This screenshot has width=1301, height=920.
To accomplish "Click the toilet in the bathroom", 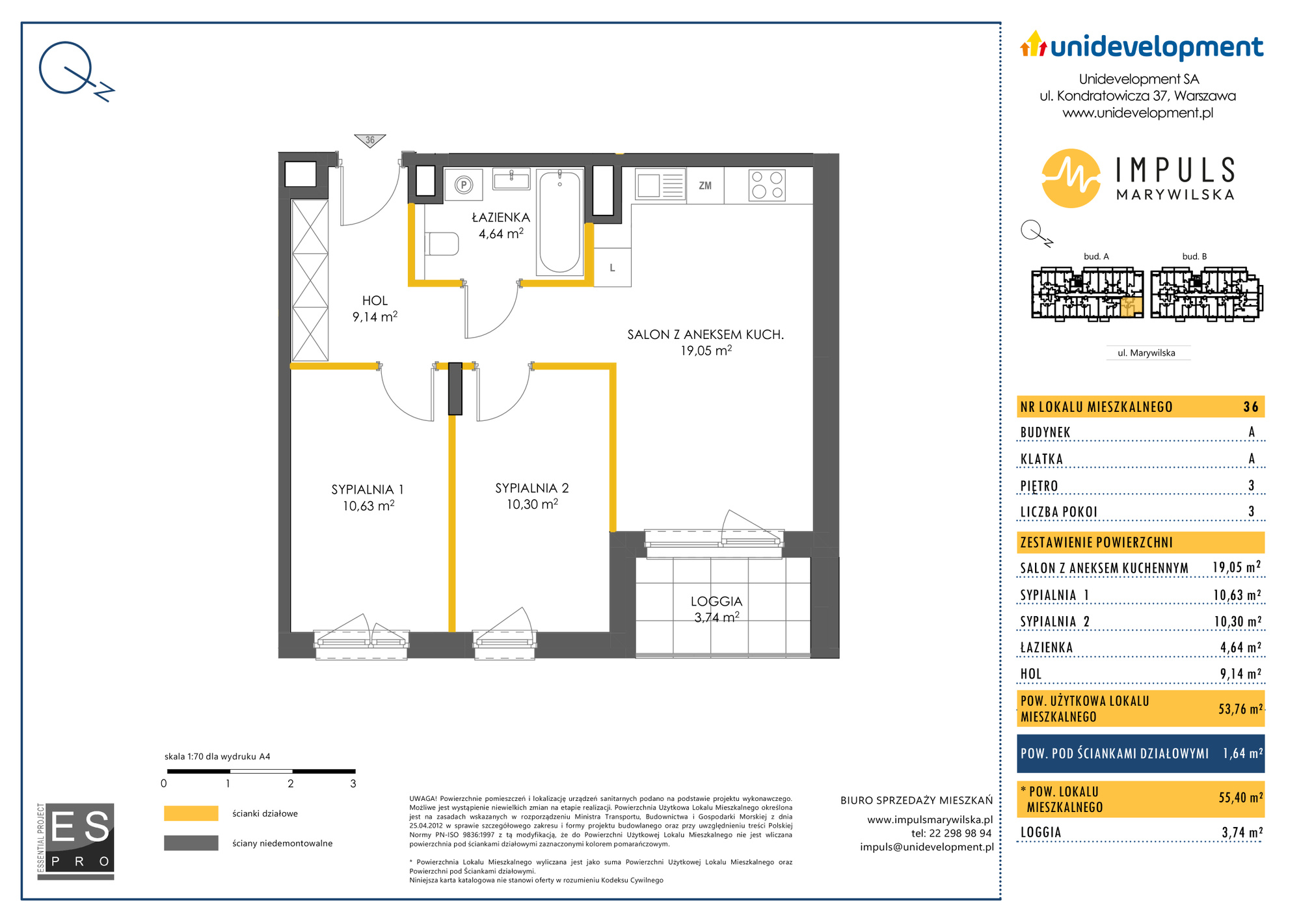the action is tap(442, 244).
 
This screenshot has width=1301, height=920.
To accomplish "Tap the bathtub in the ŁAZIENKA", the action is tap(559, 221).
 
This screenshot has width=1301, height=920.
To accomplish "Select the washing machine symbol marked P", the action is tap(464, 185).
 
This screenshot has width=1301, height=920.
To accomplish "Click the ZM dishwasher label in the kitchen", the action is tap(705, 185).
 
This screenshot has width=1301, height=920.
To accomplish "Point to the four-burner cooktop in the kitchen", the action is tap(767, 185).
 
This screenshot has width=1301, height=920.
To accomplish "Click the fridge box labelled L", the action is tap(612, 267).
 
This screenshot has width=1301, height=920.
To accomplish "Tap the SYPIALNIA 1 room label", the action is tap(368, 489).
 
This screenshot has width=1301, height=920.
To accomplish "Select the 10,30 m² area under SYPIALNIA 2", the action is tap(532, 504).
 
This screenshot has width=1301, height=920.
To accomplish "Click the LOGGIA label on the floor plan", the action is tap(716, 601).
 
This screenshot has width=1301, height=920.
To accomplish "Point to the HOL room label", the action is tap(375, 301).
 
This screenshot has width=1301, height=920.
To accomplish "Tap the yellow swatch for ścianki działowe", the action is tap(191, 813).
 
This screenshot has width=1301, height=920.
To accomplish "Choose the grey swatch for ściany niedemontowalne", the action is tap(191, 843).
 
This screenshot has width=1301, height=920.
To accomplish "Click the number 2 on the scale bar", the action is tap(291, 784).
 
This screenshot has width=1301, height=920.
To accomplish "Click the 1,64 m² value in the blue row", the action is tap(1242, 753).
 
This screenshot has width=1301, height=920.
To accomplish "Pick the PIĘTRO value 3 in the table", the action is tap(1251, 485).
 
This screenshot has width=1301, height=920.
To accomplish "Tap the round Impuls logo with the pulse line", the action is tap(1071, 178).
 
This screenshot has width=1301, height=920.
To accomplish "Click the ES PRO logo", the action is tap(76, 841).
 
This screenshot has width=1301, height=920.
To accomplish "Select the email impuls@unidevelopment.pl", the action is tap(926, 846).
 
